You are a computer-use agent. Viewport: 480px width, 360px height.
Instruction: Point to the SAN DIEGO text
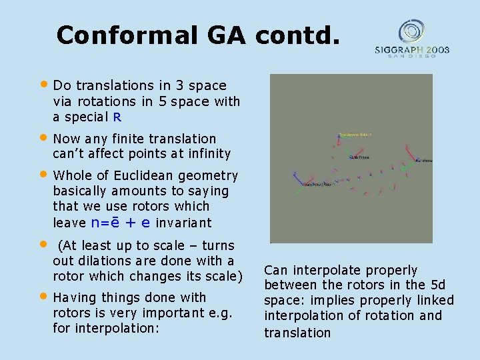411,57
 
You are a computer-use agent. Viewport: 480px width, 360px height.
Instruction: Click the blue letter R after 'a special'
117,117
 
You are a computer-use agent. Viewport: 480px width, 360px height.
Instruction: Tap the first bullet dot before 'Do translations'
44,85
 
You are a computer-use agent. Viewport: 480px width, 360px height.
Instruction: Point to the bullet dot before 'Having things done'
44,297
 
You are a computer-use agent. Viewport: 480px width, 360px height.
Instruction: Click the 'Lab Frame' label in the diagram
361,158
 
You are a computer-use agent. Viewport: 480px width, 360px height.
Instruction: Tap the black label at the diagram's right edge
423,161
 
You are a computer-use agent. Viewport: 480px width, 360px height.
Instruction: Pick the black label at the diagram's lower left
317,183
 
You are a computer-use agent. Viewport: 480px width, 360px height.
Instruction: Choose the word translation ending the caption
297,333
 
